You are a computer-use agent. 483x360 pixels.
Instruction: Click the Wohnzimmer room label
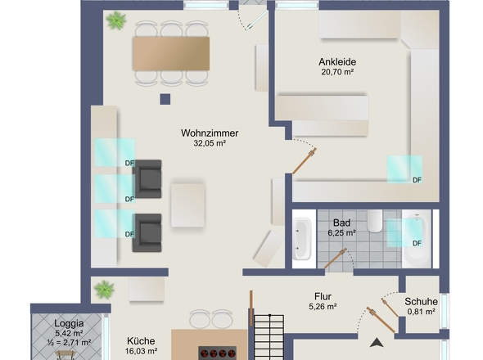coord(210,133)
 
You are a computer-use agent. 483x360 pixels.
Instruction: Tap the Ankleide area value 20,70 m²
coord(337,72)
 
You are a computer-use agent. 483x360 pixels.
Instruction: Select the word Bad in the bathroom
coord(341,223)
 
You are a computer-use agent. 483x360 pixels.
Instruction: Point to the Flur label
coord(323,296)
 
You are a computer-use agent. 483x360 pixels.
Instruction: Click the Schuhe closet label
coord(421,301)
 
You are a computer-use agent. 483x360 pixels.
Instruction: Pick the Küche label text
coord(141,341)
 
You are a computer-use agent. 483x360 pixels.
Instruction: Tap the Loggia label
coord(69,323)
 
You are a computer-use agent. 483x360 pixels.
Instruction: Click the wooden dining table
coord(171,53)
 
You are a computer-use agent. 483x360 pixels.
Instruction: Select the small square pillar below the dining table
coord(165,99)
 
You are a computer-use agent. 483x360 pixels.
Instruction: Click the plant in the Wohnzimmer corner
coord(115,20)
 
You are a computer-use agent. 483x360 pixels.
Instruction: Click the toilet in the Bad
coord(375,221)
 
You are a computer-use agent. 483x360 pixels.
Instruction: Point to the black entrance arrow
coord(377,343)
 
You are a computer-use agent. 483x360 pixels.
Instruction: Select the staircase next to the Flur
coord(269,337)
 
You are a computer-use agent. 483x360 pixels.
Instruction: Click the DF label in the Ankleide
coord(417,180)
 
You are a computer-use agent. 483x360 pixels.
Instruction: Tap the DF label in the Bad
coord(417,244)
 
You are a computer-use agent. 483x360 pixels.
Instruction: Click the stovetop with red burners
coord(218,353)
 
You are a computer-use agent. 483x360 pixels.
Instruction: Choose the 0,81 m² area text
coord(421,312)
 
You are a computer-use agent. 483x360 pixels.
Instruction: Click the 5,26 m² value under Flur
coord(323,307)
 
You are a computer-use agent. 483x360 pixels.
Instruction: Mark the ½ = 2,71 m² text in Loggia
coord(69,342)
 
